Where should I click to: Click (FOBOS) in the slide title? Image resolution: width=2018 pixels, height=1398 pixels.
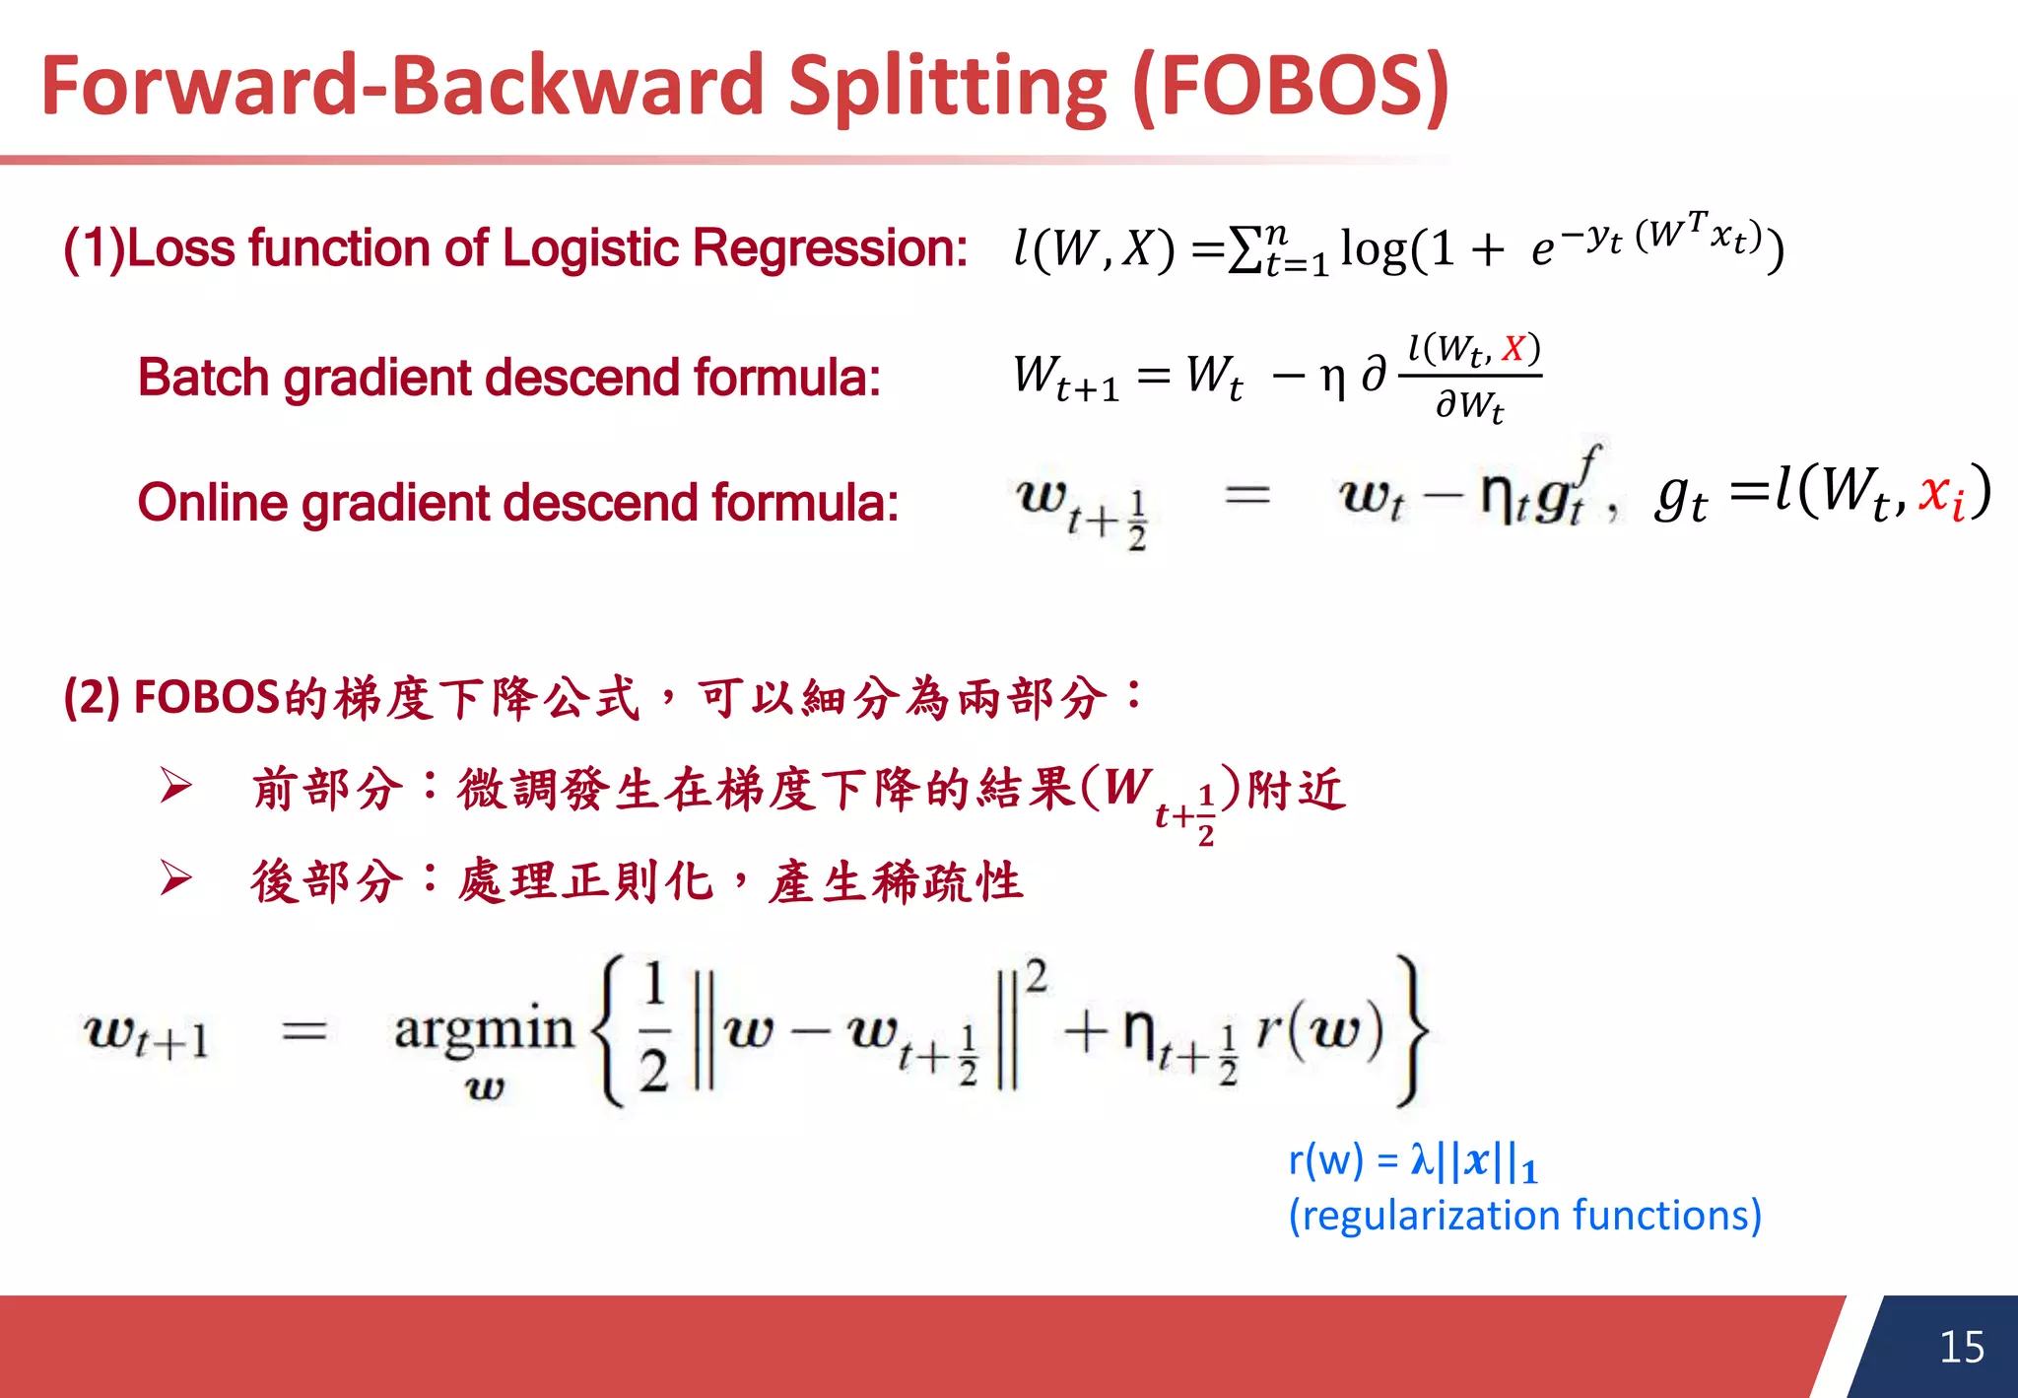coord(1291,87)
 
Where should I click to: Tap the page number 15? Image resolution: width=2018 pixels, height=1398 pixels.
coord(1961,1347)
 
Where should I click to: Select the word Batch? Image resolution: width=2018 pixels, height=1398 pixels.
coord(203,378)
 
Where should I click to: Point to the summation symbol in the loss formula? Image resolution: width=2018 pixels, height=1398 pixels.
coord(1246,250)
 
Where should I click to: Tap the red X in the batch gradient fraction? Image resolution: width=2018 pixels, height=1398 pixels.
coord(1513,348)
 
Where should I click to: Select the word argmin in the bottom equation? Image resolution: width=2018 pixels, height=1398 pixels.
coord(483,1031)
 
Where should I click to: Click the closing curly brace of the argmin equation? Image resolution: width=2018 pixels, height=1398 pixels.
coord(1411,1031)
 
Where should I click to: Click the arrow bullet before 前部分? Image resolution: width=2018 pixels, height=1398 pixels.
coord(176,786)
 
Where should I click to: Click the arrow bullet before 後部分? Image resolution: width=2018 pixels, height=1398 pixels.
coord(176,877)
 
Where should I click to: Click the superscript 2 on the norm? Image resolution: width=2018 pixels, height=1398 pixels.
coord(1036,976)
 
